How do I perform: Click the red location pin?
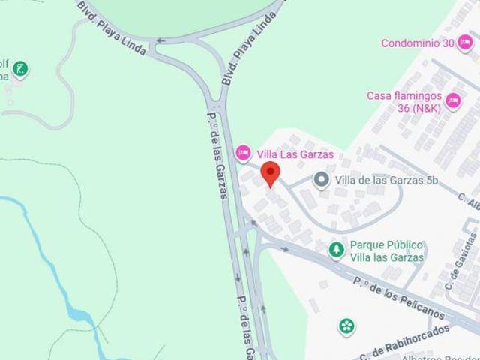pos(269,173)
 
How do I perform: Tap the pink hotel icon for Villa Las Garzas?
pos(243,154)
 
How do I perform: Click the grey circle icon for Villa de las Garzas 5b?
pos(321,180)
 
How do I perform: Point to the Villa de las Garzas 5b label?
pos(385,180)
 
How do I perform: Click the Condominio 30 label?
pos(418,43)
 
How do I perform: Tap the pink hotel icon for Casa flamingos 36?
pos(453,100)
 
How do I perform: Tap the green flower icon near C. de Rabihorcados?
pos(346,325)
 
